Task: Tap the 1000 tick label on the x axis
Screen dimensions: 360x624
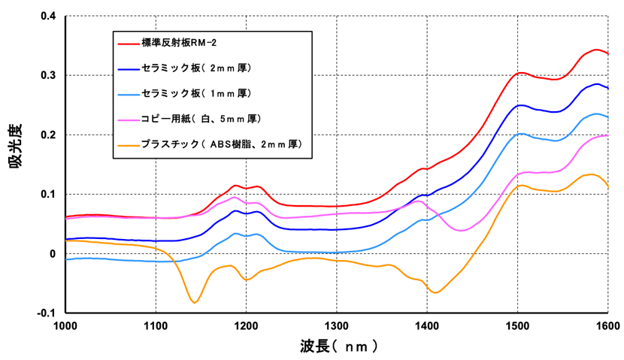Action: (66, 325)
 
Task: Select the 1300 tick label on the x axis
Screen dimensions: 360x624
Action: (337, 325)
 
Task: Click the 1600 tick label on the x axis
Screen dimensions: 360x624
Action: (607, 325)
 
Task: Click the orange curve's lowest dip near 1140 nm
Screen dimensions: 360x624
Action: (195, 302)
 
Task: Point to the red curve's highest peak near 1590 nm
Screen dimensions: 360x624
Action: (596, 50)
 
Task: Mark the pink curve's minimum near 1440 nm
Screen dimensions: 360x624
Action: (464, 231)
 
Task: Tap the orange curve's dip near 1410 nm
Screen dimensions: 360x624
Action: (435, 292)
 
